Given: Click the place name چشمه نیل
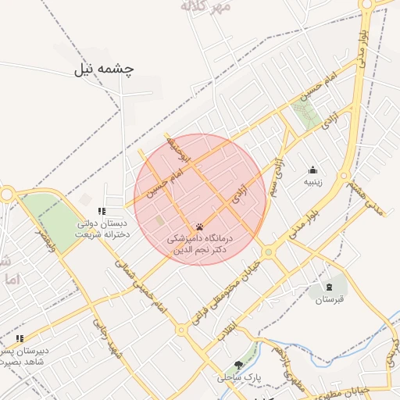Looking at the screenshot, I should coord(104,69).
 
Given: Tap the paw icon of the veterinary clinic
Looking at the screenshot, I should coord(199,226).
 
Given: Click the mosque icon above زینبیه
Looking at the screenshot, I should coord(313,170).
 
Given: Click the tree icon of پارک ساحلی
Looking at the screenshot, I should coord(238,365).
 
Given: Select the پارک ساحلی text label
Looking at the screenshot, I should coord(241,377).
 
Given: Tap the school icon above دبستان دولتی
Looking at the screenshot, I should coord(102,211).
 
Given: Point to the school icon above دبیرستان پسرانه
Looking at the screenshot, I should coord(20,338).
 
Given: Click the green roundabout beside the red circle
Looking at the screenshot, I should coord(268,252).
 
